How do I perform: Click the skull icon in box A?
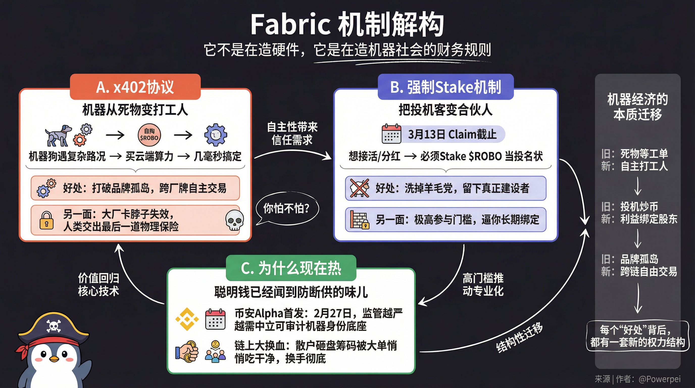pyautogui.click(x=234, y=221)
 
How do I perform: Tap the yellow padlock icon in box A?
pyautogui.click(x=46, y=221)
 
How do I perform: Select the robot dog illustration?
pyautogui.click(x=58, y=135)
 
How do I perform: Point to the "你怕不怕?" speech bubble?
pyautogui.click(x=287, y=208)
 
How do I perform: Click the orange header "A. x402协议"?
pyautogui.click(x=135, y=87)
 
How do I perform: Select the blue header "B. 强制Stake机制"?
pyautogui.click(x=445, y=87)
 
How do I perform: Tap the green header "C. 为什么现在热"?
pyautogui.click(x=291, y=268)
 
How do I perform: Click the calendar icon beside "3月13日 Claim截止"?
pyautogui.click(x=391, y=134)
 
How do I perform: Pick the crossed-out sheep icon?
pyautogui.click(x=359, y=188)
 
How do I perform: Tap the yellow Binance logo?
pyautogui.click(x=187, y=320)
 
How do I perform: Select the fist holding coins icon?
pyautogui.click(x=187, y=351)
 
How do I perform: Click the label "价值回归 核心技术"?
pyautogui.click(x=98, y=285)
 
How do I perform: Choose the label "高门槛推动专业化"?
pyautogui.click(x=483, y=285)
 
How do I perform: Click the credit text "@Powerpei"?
pyautogui.click(x=659, y=379)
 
